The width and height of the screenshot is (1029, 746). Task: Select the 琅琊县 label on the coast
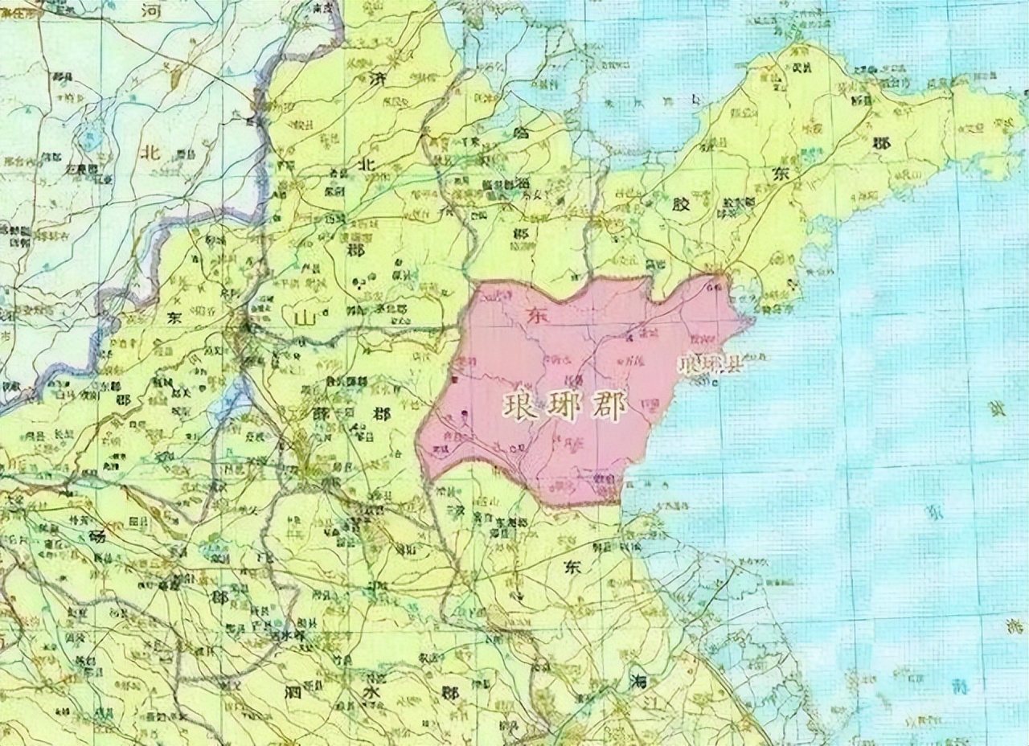[711, 363]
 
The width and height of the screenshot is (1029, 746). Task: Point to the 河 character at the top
[150, 10]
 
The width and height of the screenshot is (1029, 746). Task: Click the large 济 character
[378, 79]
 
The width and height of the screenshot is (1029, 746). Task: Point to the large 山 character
[305, 318]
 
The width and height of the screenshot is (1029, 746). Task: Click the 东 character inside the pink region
[531, 316]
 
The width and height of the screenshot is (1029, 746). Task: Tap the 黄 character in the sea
[998, 408]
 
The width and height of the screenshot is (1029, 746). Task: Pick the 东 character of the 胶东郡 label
[780, 174]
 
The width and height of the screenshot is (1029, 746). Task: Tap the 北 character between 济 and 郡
[367, 163]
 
